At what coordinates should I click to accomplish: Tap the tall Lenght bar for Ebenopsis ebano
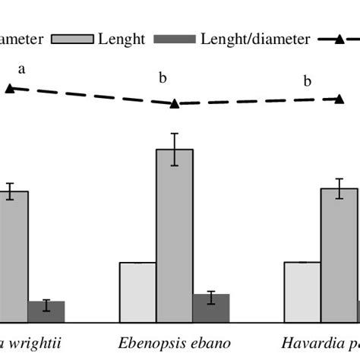[175, 235]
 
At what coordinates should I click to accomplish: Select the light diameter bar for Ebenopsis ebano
[137, 292]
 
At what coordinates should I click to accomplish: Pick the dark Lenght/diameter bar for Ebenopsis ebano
[211, 308]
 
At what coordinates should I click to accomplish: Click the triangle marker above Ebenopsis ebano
[174, 103]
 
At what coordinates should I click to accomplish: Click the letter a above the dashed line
[22, 69]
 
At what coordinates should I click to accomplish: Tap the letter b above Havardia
[308, 82]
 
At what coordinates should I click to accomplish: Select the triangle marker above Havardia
[339, 99]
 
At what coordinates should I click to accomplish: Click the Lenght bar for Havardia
[339, 254]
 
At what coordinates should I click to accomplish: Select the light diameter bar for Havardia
[302, 292]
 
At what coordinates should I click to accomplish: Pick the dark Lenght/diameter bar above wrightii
[46, 311]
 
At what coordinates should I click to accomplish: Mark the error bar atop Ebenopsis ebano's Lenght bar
[175, 149]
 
